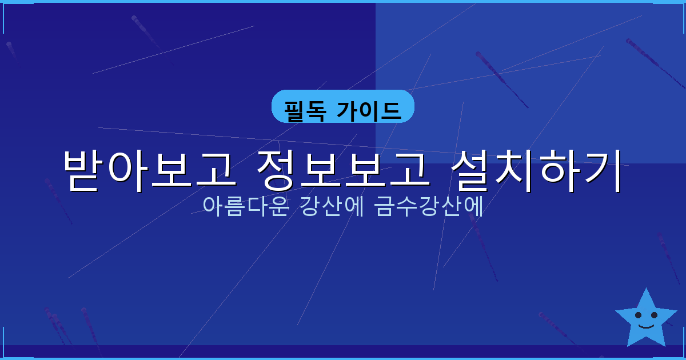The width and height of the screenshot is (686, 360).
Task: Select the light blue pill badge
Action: [x=342, y=106]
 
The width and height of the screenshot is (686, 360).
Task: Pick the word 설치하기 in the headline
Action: [x=536, y=170]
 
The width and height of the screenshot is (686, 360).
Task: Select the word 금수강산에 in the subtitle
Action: [x=429, y=206]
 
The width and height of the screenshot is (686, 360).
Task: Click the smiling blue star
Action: [x=646, y=320]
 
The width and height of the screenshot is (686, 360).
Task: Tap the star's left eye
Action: [x=638, y=315]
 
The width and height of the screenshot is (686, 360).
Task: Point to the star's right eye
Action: [x=654, y=315]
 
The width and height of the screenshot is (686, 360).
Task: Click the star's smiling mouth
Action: [x=646, y=326]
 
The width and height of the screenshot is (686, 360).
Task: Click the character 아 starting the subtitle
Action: [x=212, y=206]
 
